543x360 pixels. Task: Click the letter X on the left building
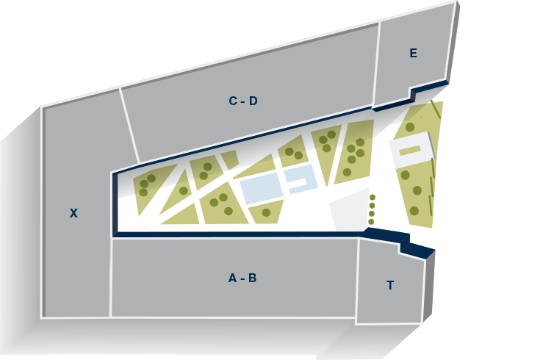[x=73, y=213]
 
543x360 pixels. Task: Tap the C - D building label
[x=243, y=101]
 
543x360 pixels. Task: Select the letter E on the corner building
[x=413, y=53]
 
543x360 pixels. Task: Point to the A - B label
[x=242, y=278]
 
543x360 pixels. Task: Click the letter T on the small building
[x=390, y=285]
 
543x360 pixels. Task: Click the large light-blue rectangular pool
[x=262, y=188]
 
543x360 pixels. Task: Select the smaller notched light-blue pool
[x=300, y=179]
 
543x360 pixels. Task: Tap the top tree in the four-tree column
[x=373, y=198]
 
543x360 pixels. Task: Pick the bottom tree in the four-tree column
[x=371, y=222]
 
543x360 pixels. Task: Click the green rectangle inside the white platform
[x=410, y=151]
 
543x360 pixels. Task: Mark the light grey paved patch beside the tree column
[x=349, y=209]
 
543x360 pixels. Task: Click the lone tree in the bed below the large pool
[x=266, y=212]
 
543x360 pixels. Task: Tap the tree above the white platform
[x=410, y=127]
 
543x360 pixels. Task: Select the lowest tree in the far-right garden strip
[x=414, y=210]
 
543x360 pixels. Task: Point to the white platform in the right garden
[x=411, y=150]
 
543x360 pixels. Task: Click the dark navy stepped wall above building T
[x=398, y=240]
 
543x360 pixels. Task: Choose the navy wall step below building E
[x=412, y=94]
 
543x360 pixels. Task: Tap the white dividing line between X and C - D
[x=129, y=125]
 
